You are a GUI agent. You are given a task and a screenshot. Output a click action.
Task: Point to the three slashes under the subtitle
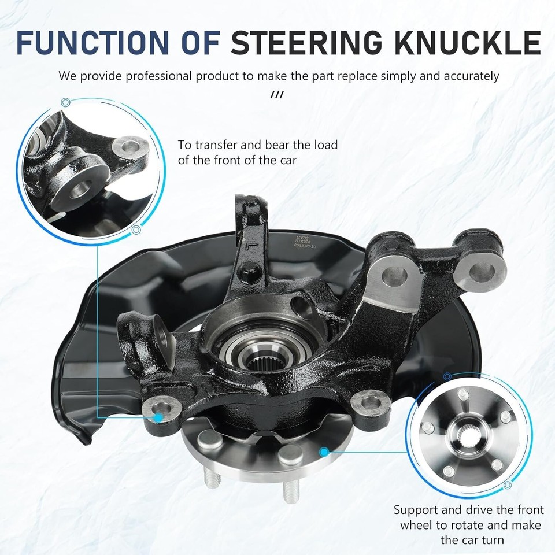[x=277, y=94]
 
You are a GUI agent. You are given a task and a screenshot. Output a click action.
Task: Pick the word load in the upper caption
[x=327, y=145]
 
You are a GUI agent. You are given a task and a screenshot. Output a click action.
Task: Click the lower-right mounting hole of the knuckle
[x=368, y=401]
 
